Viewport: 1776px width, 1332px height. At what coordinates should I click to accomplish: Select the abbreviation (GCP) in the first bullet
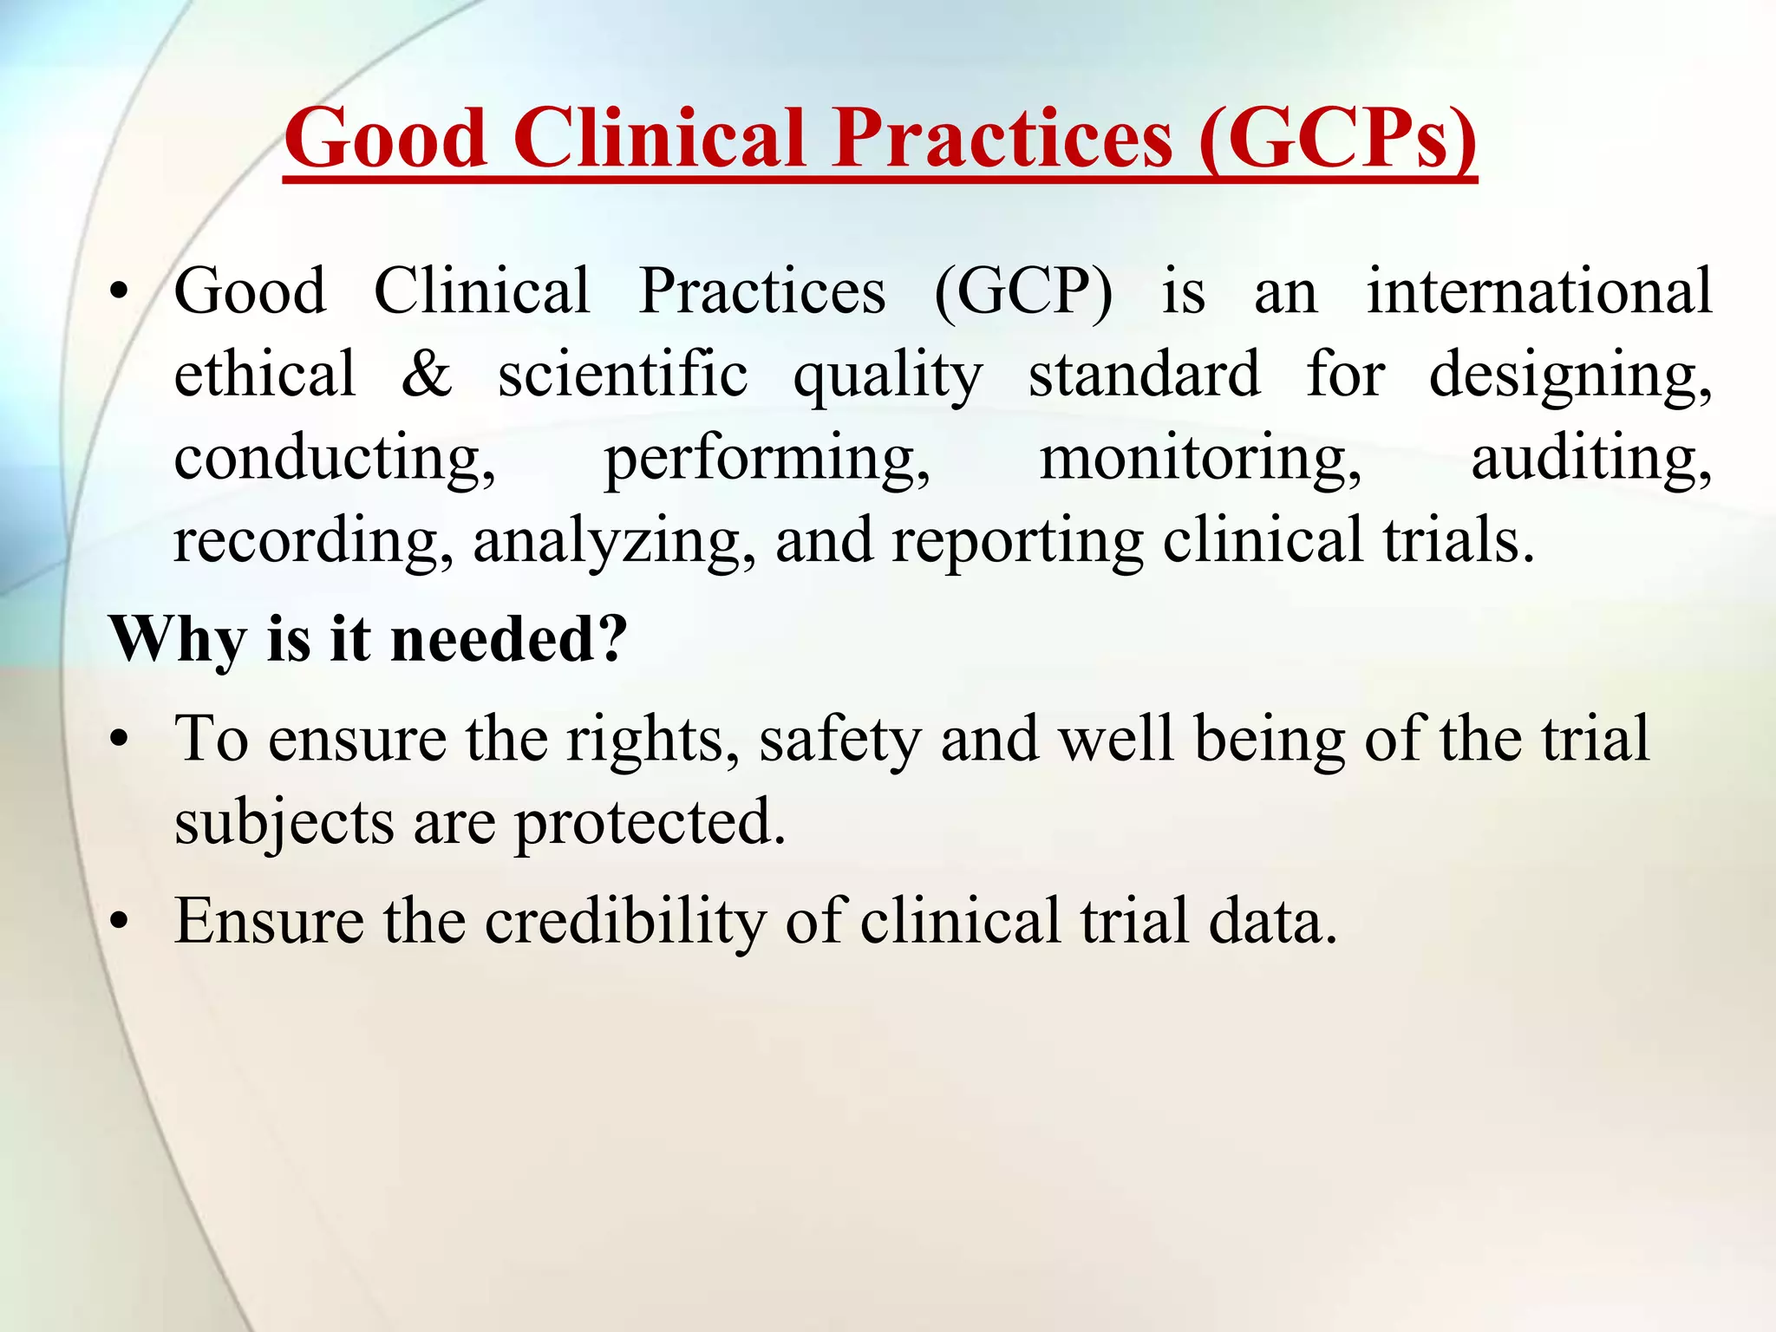[x=1023, y=292]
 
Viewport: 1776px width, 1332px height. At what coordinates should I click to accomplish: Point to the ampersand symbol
[x=427, y=375]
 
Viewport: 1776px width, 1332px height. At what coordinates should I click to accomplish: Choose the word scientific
[x=623, y=375]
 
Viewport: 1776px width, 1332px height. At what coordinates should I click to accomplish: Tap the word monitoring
[x=1200, y=459]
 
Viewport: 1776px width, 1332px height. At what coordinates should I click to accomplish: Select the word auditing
[x=1591, y=459]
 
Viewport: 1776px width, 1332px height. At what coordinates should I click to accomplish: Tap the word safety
[x=839, y=740]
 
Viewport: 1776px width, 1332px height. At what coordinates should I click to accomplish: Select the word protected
[x=650, y=822]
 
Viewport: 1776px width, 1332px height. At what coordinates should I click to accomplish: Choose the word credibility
[x=625, y=921]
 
